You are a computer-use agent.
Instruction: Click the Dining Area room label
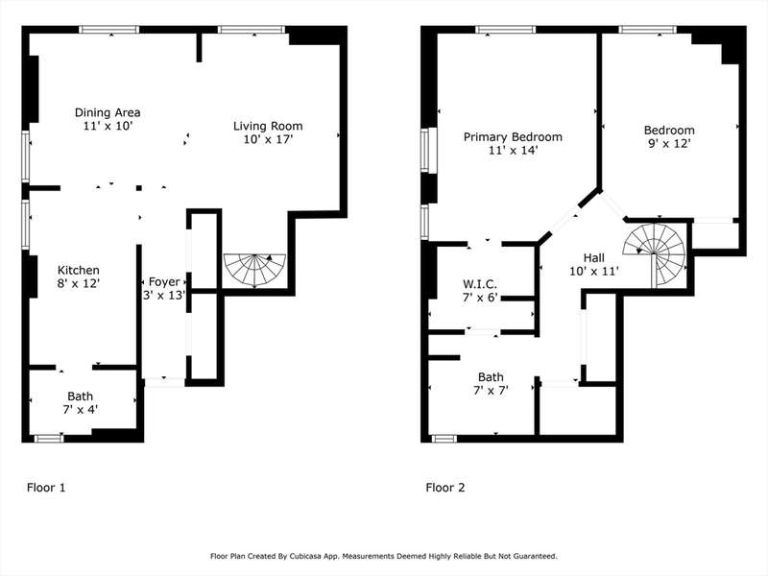point(108,112)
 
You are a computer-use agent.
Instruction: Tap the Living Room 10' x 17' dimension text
point(268,139)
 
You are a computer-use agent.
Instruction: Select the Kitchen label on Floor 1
point(79,270)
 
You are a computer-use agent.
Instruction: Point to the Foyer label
point(164,281)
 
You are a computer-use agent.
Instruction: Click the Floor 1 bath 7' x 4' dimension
point(81,410)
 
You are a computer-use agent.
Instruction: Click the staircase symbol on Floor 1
point(254,271)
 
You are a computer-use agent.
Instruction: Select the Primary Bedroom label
point(513,136)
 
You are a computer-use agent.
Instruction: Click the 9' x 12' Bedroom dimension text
point(669,143)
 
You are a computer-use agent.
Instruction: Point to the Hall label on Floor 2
point(593,257)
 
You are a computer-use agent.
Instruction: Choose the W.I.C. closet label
point(480,283)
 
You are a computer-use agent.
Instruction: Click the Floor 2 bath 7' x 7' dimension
point(491,391)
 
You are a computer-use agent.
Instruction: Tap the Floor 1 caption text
point(46,488)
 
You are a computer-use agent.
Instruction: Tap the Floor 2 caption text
point(445,488)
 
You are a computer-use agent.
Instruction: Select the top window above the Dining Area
point(109,30)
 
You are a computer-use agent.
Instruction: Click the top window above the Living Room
point(252,30)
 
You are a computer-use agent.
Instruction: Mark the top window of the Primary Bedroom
point(506,30)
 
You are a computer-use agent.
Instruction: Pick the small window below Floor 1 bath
point(49,439)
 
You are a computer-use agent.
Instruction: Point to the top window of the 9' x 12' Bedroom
point(647,30)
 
